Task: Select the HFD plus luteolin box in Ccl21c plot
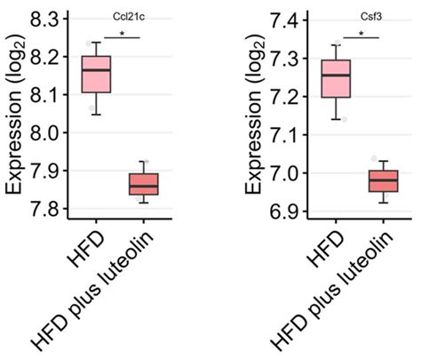tap(143, 184)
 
